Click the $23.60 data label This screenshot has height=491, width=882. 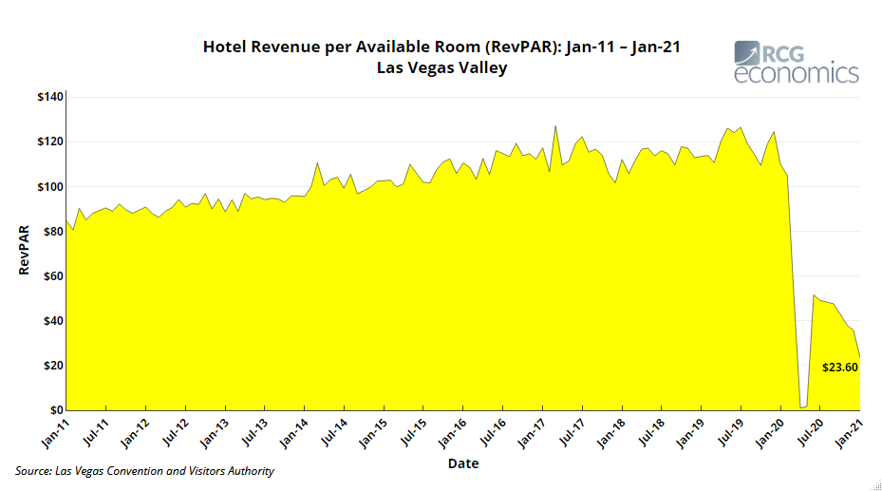click(840, 367)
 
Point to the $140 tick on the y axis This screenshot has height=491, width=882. click(49, 97)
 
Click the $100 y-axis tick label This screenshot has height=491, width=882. click(49, 187)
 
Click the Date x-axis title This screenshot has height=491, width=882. click(463, 463)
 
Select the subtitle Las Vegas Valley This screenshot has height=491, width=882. click(441, 68)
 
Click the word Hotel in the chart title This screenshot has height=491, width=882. click(224, 47)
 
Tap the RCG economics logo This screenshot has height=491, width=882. click(797, 63)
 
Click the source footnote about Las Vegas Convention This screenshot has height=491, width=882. click(145, 471)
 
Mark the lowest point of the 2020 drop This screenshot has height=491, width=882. click(802, 407)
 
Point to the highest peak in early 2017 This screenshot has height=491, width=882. click(555, 125)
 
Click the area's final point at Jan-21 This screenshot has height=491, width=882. click(860, 357)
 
